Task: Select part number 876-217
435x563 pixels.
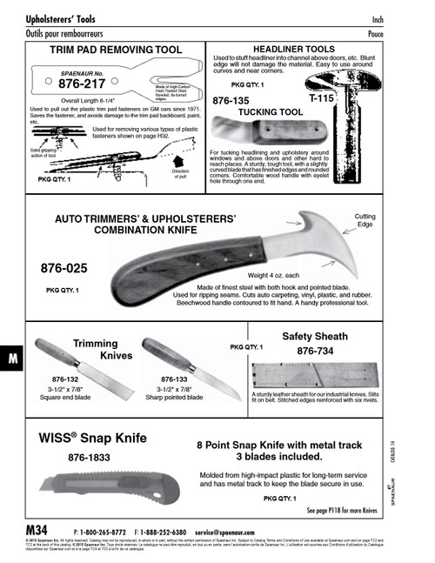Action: click(82, 86)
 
